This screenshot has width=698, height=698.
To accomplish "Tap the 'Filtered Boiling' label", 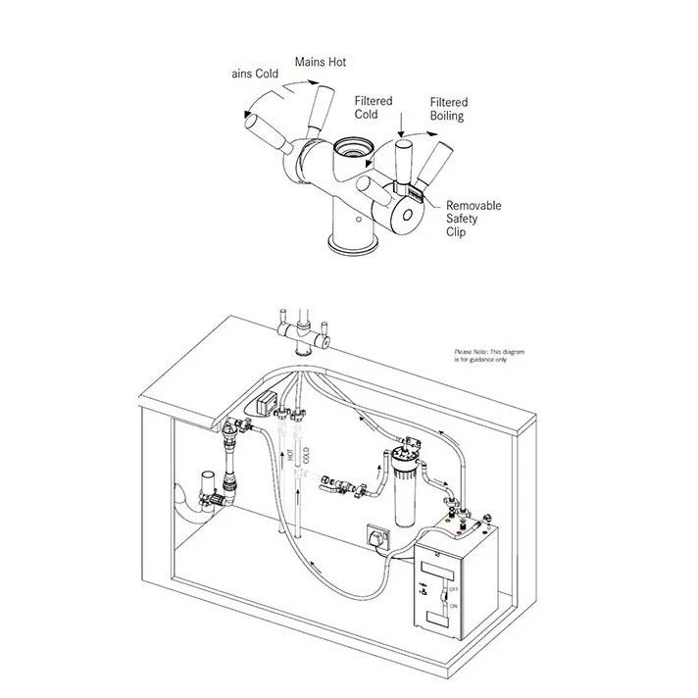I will (448, 109).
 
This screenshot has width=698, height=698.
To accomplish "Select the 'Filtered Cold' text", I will (373, 107).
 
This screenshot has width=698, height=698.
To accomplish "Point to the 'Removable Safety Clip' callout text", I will (474, 219).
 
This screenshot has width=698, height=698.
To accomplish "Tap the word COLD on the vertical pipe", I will (305, 454).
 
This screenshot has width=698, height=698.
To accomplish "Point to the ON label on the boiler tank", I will (452, 606).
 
